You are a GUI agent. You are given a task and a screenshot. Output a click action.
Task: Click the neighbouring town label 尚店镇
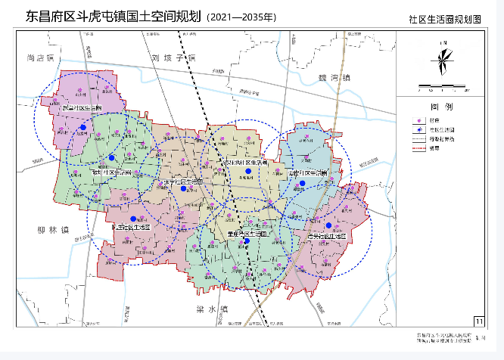click(42, 57)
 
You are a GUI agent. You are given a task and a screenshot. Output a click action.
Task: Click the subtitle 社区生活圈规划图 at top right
click(455, 20)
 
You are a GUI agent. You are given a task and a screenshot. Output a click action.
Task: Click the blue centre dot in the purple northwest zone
click(83, 127)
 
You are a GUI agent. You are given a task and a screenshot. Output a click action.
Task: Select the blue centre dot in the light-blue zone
click(301, 183)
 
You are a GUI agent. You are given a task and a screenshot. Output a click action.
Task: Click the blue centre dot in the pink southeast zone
click(328, 225)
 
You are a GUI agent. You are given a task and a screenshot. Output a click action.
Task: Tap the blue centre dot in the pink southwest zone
click(133, 219)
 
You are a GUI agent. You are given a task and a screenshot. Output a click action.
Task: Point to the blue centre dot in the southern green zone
click(236, 241)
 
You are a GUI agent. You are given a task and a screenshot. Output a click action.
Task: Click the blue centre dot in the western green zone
click(111, 157)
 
